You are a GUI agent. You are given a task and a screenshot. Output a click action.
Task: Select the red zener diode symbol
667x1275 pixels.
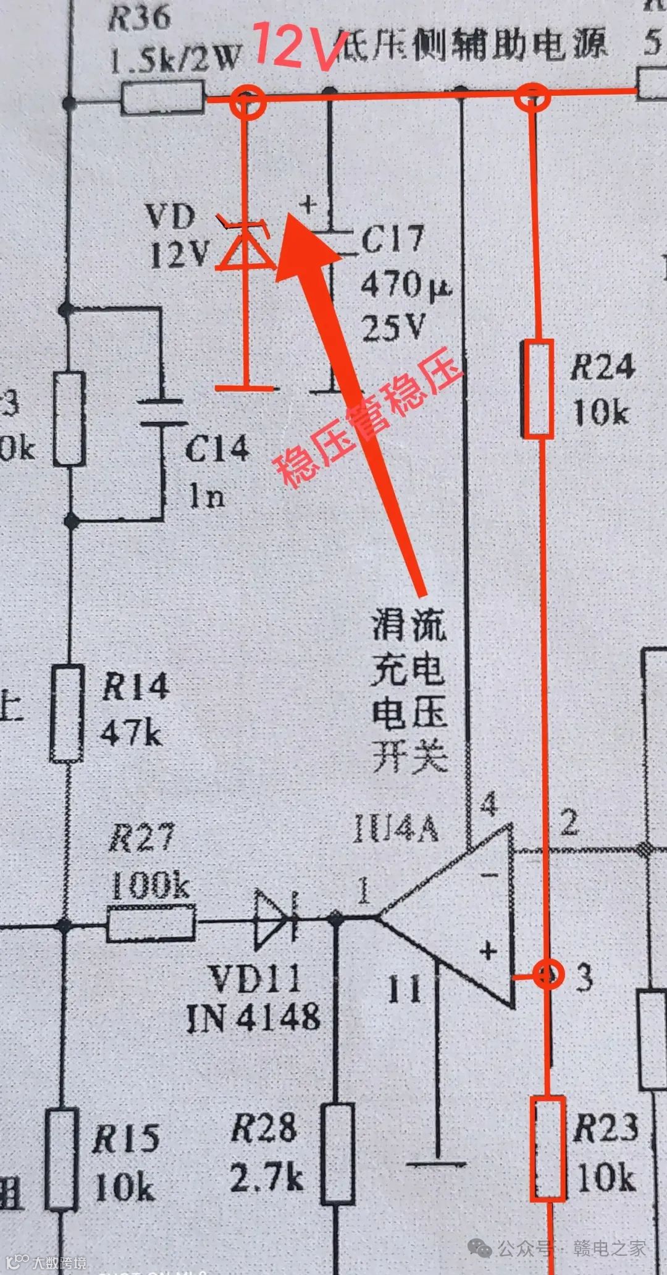point(246,247)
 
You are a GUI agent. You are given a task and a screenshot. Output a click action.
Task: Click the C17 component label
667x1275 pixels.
point(393,239)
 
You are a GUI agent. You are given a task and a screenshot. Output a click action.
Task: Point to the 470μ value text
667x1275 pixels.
point(405,286)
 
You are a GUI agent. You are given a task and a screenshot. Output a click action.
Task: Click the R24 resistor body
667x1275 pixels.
point(537,388)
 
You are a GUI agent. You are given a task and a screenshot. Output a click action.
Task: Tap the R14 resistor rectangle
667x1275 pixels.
point(67,713)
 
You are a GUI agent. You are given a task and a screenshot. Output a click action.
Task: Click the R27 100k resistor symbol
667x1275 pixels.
point(151,924)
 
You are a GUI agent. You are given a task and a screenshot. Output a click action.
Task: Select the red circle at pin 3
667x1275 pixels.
point(547,975)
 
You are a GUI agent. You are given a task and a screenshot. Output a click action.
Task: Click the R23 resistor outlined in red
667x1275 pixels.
point(548,1148)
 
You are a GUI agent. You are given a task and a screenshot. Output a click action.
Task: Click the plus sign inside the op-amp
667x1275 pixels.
point(489,951)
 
